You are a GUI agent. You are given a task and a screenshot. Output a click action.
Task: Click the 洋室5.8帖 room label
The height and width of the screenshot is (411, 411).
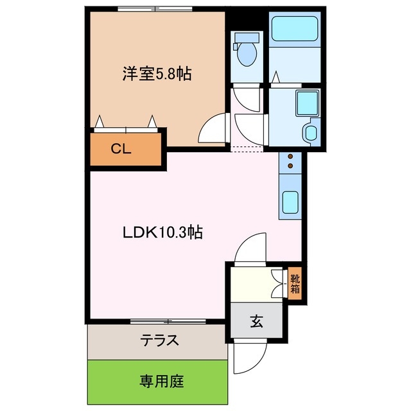[x=157, y=74]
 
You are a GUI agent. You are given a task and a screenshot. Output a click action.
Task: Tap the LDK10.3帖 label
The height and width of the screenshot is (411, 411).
[x=162, y=232]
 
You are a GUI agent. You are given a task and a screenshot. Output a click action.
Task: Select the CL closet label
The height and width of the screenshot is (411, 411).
[x=121, y=150]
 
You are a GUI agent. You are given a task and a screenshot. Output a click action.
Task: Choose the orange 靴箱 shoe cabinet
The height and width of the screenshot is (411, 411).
[x=294, y=283]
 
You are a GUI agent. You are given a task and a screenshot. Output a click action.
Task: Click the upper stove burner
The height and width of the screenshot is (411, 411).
[x=290, y=157]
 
